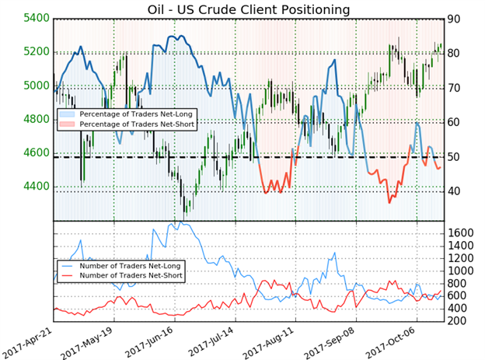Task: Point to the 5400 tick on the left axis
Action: (28, 18)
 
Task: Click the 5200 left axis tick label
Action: (28, 51)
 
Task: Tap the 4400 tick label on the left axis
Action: (28, 187)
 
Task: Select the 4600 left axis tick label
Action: (28, 153)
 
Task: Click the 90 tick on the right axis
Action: (455, 19)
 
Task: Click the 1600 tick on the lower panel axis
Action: (463, 233)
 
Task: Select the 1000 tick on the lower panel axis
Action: (463, 271)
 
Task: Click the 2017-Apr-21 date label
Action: (33, 340)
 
